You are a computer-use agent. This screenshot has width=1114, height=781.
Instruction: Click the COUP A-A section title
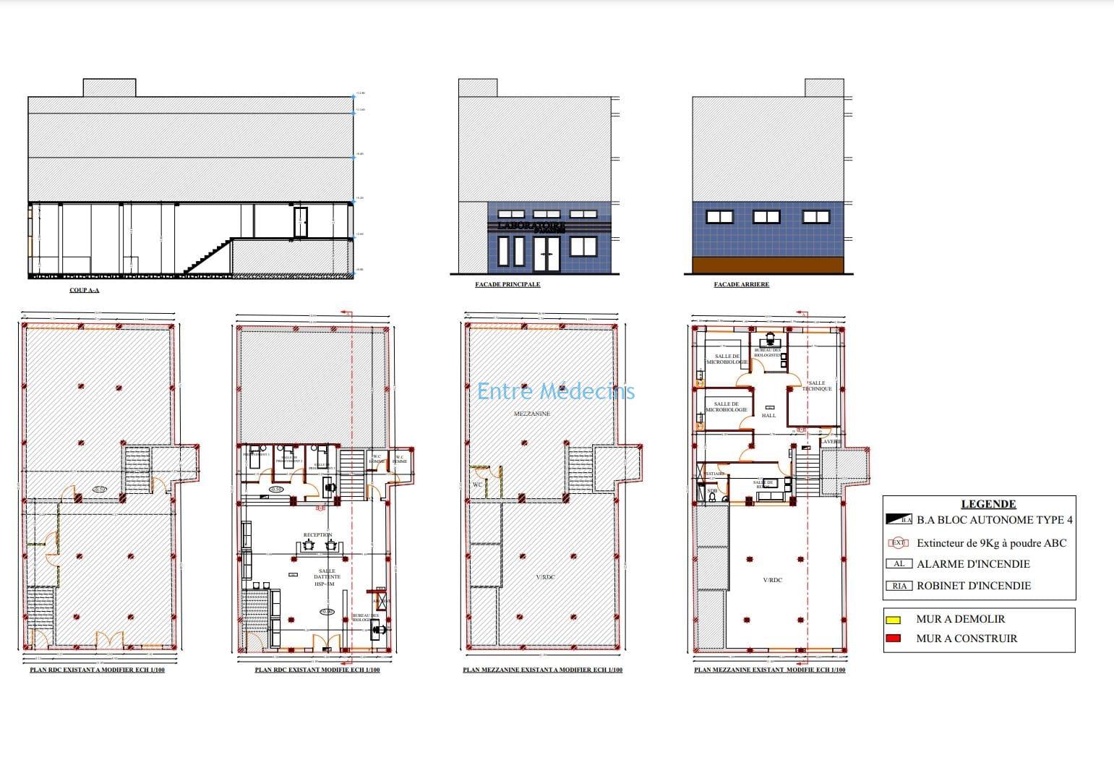84,290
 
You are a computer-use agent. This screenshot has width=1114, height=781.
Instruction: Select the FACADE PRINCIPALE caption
507,284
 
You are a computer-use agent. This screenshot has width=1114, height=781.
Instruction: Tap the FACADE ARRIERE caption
741,284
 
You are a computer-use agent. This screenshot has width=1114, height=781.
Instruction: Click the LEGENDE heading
988,504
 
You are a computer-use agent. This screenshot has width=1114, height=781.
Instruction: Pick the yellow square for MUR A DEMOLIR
893,620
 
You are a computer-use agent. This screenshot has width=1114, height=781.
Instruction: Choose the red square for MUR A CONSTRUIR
893,639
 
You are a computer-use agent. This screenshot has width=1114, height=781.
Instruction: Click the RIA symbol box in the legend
899,586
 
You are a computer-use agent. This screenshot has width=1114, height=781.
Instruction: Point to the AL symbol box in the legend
899,564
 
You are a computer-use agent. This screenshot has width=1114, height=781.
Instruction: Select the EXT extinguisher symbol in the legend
898,543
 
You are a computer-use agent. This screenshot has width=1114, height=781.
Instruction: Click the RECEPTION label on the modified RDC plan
317,535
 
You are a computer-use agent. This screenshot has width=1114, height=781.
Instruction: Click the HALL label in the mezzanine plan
768,415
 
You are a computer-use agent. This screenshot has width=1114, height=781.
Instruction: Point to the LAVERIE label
830,442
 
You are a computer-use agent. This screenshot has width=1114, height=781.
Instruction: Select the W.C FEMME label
399,459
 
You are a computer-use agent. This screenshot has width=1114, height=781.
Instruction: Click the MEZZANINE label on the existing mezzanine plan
531,414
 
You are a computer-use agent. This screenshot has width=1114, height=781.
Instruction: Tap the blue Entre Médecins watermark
555,391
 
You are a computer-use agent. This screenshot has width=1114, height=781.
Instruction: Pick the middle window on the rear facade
766,216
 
